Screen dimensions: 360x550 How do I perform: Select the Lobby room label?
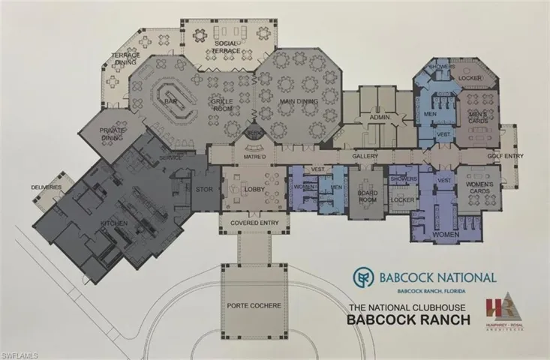253,190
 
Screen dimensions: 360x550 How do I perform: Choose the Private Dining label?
113,134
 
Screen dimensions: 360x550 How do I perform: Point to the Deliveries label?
46,186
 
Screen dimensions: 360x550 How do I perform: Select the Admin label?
376,117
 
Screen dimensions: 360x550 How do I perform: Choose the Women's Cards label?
478,187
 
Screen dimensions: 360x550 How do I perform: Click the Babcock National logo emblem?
365,277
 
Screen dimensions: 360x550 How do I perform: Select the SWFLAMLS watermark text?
22,352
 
